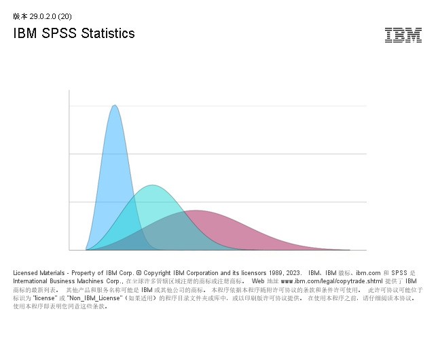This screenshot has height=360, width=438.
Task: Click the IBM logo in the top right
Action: point(403,35)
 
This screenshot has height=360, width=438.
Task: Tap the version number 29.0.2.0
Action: point(43,16)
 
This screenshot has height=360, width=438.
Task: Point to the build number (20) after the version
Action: point(65,16)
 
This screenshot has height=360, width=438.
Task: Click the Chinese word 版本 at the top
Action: point(20,16)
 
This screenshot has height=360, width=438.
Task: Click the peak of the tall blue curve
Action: point(115,105)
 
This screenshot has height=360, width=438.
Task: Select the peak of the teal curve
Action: point(153,185)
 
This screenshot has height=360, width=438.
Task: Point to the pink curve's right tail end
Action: point(346,249)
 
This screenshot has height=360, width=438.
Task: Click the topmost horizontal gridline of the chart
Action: point(217,106)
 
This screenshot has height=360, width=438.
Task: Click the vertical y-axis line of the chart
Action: point(69,170)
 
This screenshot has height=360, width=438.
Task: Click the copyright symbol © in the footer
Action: point(139,272)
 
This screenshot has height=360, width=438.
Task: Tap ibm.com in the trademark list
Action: point(369,272)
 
